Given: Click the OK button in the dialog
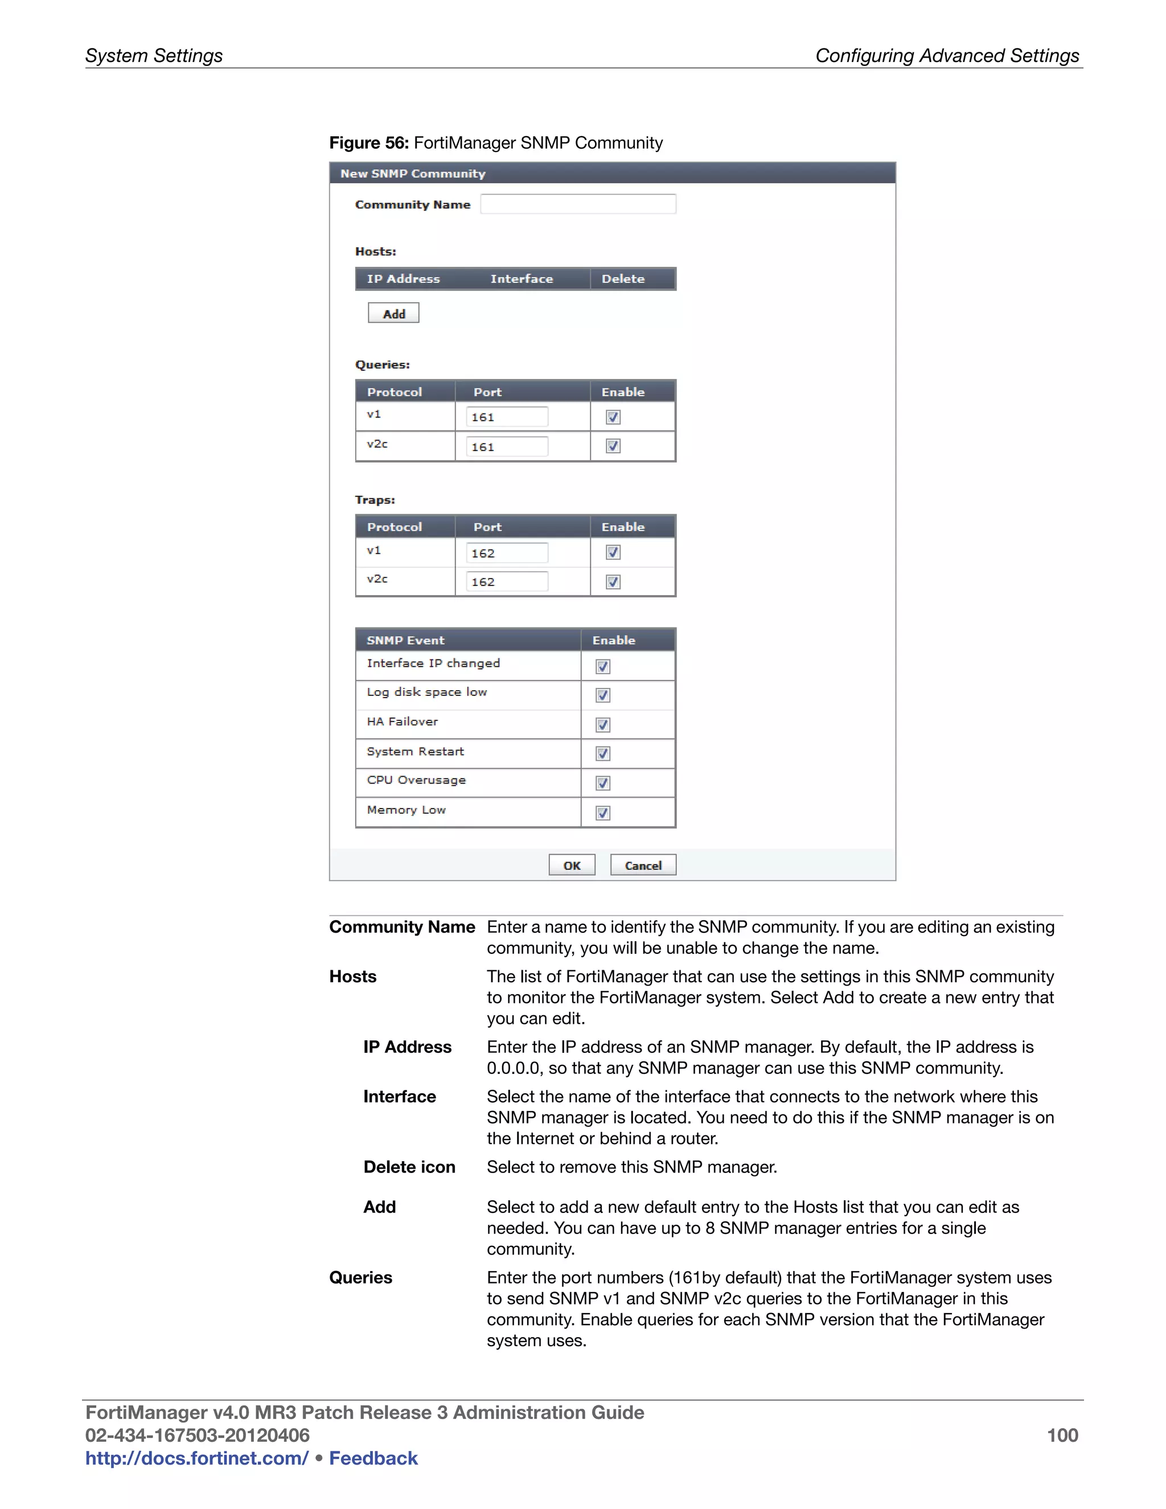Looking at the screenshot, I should click(571, 865).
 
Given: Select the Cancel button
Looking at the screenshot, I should click(642, 865).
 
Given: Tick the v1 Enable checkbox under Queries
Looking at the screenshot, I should click(613, 417).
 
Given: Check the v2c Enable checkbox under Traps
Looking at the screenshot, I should click(613, 582).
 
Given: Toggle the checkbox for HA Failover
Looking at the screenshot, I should click(603, 725).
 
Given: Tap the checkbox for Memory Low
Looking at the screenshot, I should click(603, 813).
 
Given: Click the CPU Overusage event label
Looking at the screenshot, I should click(417, 780).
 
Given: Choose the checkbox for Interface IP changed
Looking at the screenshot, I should click(603, 667).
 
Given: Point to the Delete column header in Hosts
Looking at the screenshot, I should click(622, 279).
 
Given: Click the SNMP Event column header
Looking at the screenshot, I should click(405, 641).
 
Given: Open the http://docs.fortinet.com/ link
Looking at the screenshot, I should click(197, 1458).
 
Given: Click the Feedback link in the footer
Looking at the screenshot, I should click(373, 1458).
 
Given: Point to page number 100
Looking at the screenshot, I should click(1062, 1436).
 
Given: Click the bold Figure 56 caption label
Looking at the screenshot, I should click(369, 143).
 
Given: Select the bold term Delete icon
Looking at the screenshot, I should click(409, 1167).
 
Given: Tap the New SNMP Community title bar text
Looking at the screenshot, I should click(412, 174).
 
